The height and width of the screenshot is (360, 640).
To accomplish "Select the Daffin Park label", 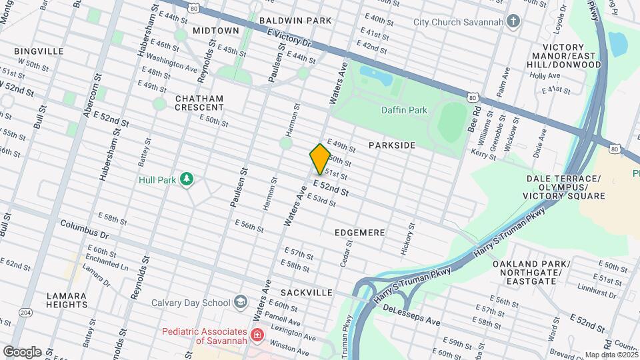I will coord(404,110).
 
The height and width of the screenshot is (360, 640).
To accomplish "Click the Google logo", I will coord(22,351).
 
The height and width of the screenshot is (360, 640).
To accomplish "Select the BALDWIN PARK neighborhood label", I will coord(295,21).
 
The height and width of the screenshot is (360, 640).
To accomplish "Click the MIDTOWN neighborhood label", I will coord(215,31).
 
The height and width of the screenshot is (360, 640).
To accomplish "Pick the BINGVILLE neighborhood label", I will coord(39,51).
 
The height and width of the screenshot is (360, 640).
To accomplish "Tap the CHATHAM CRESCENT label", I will coord(199,103).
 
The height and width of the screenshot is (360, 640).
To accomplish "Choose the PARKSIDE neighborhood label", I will coord(392,145).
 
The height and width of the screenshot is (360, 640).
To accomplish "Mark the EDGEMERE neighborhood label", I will coord(361,232).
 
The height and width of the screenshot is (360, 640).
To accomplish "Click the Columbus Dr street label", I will coord(84,229).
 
